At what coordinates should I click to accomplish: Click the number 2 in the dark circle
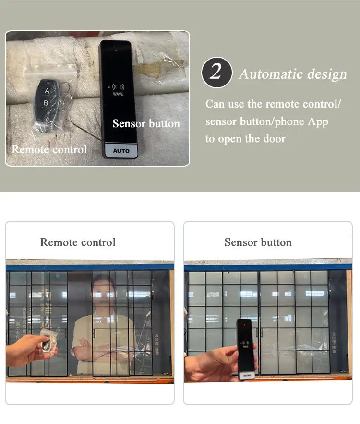click(x=216, y=73)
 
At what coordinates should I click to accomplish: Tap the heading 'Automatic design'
click(x=293, y=74)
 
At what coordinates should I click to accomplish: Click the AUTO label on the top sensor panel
click(x=121, y=151)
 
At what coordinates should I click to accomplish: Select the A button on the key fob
click(x=47, y=90)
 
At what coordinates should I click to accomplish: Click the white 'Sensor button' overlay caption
click(x=146, y=124)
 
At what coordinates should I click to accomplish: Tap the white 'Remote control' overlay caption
click(x=49, y=149)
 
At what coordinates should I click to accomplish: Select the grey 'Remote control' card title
click(x=78, y=242)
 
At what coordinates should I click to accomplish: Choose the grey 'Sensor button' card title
click(x=258, y=242)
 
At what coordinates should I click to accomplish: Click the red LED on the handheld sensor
click(x=245, y=324)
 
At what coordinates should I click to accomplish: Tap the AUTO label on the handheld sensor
click(x=247, y=376)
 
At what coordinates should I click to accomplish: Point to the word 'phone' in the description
click(x=290, y=121)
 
